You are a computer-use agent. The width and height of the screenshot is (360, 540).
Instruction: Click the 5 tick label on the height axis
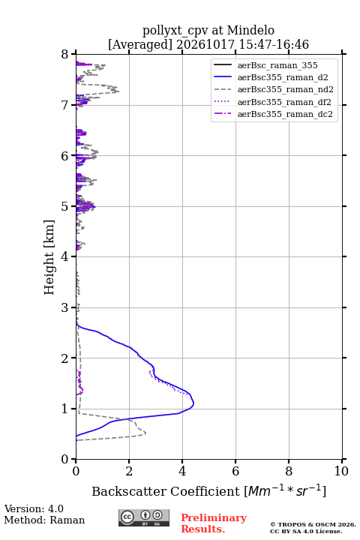coord(64,206)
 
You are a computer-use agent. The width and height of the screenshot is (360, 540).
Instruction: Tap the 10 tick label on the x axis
coord(341,471)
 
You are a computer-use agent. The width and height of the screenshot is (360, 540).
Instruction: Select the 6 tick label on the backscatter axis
coord(235,471)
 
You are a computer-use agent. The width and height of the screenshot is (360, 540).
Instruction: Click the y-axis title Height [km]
coord(49,257)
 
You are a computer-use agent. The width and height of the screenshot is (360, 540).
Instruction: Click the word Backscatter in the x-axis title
coord(129,491)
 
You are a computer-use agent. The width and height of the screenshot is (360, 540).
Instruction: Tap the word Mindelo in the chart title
coord(250,30)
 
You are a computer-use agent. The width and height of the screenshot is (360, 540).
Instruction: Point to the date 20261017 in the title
coord(205,44)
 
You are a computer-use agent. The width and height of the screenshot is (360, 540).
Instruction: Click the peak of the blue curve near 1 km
coord(193,403)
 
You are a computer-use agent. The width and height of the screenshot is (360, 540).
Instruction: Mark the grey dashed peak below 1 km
coord(145,433)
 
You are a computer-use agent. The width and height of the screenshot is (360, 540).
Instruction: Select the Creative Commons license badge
coord(144,517)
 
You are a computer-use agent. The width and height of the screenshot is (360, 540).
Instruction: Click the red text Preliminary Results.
coord(214,523)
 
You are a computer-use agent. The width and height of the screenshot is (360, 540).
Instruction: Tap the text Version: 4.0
coord(34,508)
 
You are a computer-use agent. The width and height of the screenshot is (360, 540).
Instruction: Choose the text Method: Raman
coord(44,520)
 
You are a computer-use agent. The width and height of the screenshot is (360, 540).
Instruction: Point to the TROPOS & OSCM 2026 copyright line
coord(313,524)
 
